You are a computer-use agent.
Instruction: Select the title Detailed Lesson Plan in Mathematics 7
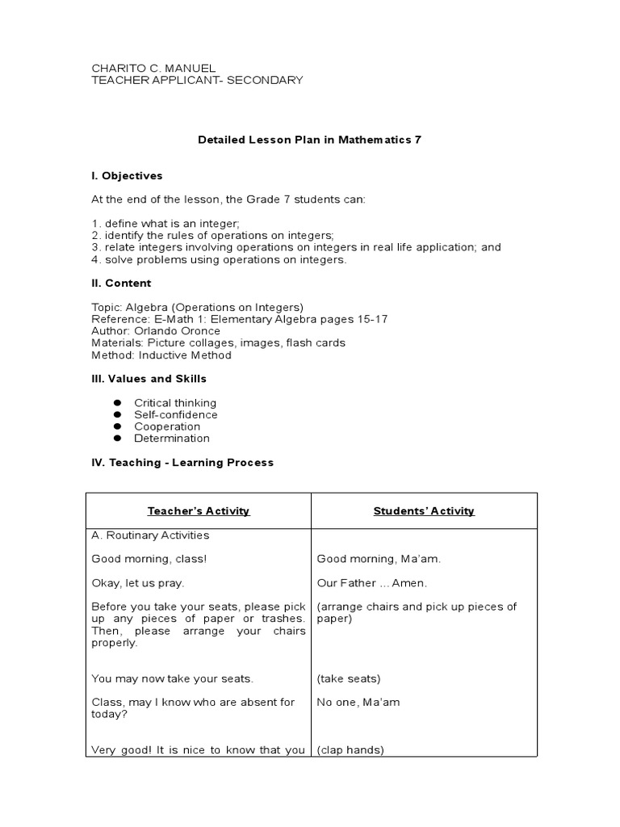[310, 140]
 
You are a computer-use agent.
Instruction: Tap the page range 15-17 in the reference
[370, 319]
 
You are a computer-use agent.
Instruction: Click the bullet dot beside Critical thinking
[117, 403]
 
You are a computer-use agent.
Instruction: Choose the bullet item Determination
[172, 439]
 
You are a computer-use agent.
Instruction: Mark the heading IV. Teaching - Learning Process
[182, 463]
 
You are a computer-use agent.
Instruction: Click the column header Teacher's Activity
[199, 511]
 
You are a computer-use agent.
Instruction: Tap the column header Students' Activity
[424, 511]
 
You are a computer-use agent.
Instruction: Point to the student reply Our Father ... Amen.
[371, 582]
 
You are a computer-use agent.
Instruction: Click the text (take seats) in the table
[348, 679]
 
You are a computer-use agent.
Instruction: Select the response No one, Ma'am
[358, 703]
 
